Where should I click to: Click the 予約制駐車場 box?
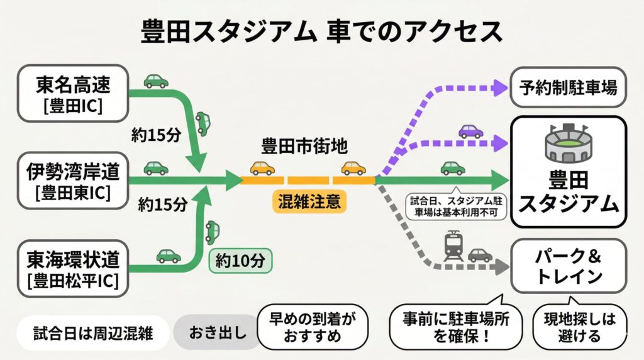point(568,88)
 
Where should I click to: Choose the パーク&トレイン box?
point(568,266)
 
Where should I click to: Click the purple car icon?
point(470,132)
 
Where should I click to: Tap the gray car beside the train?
point(480,254)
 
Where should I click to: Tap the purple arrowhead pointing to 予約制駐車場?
point(500,87)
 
